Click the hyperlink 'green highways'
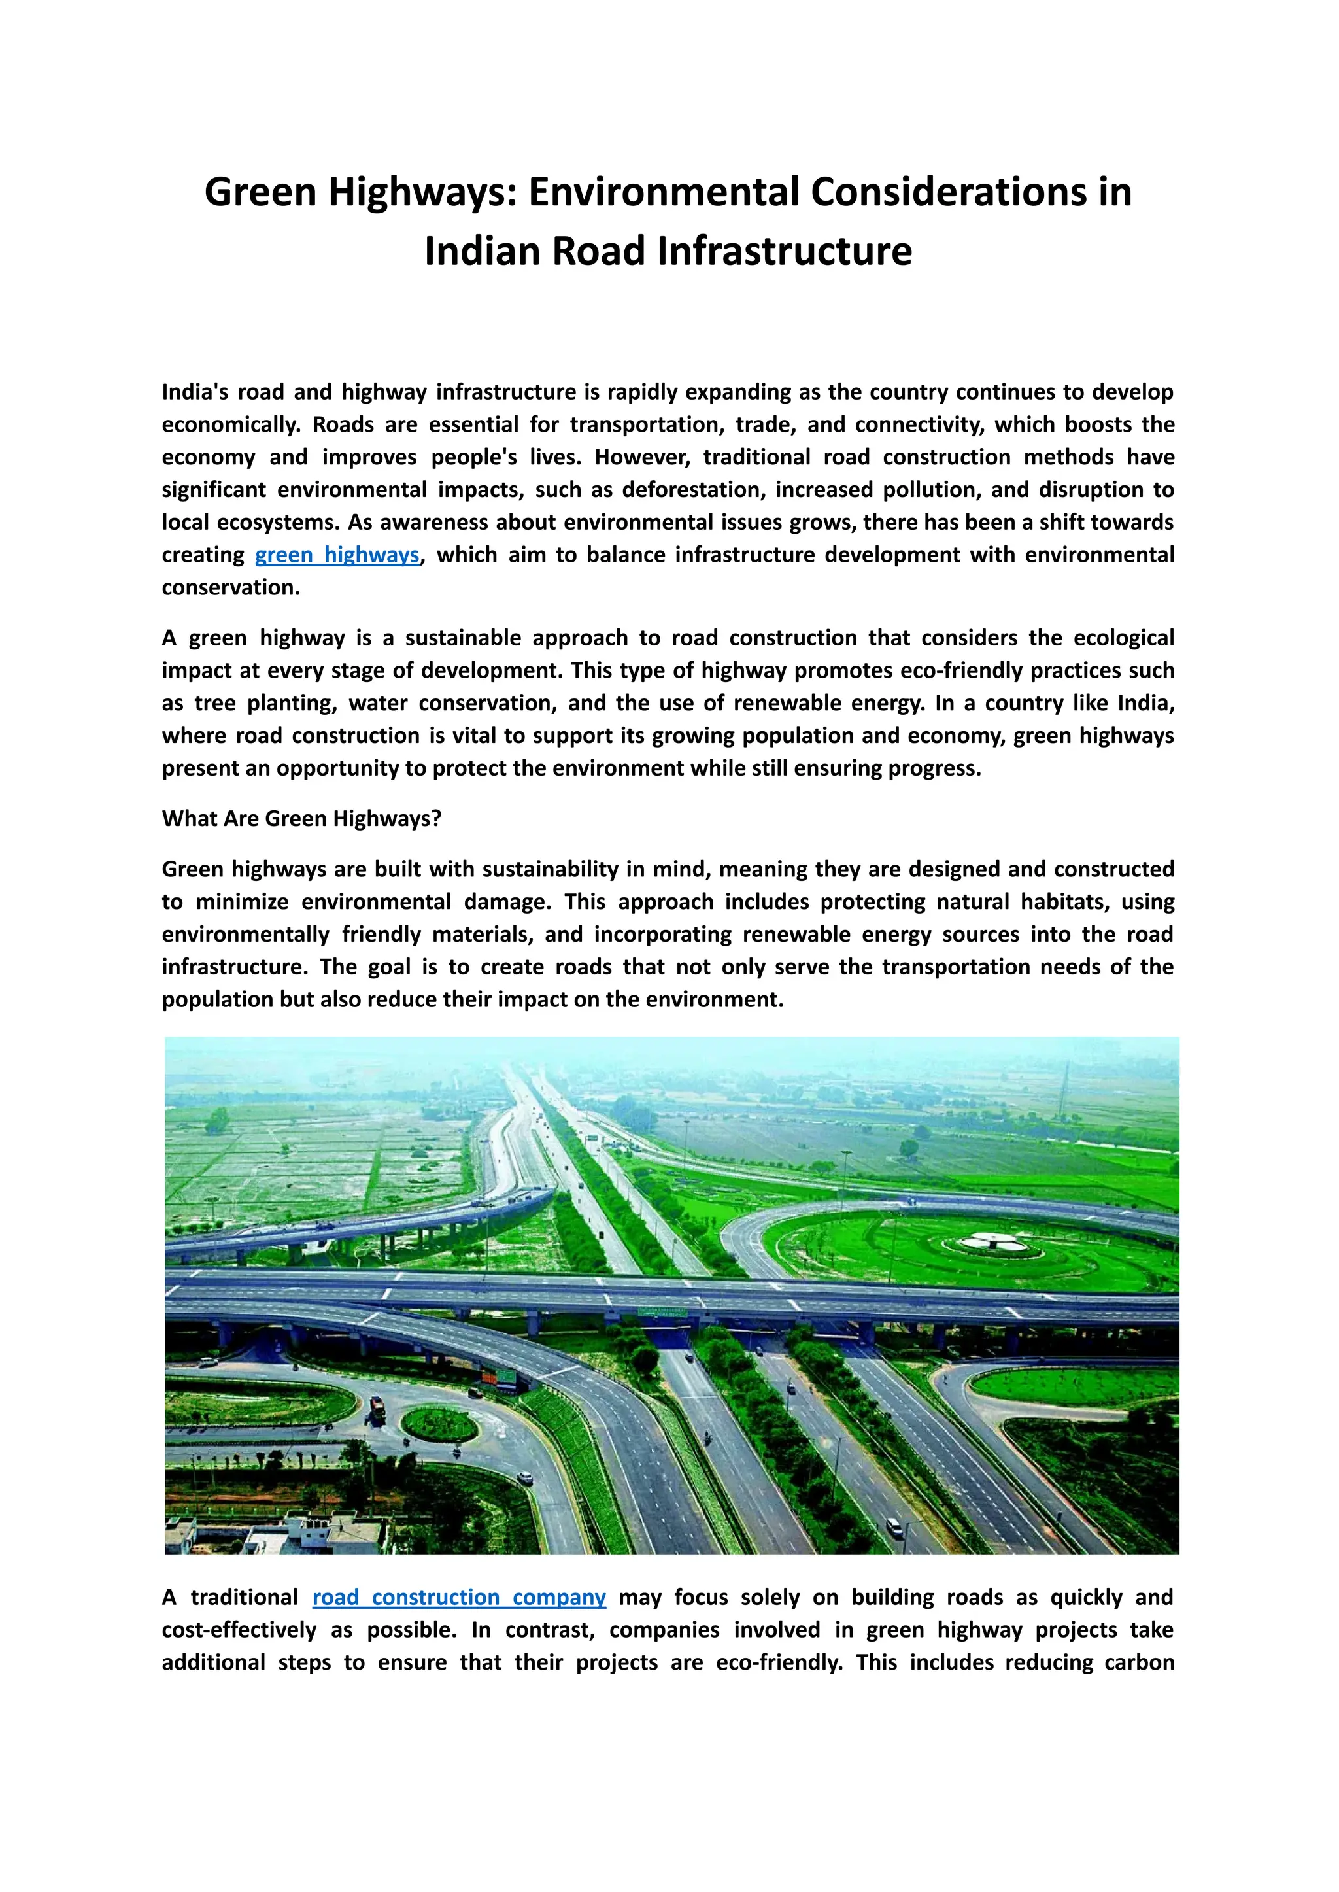(x=337, y=555)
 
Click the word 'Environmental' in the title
(x=663, y=192)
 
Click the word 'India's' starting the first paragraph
(x=195, y=392)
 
